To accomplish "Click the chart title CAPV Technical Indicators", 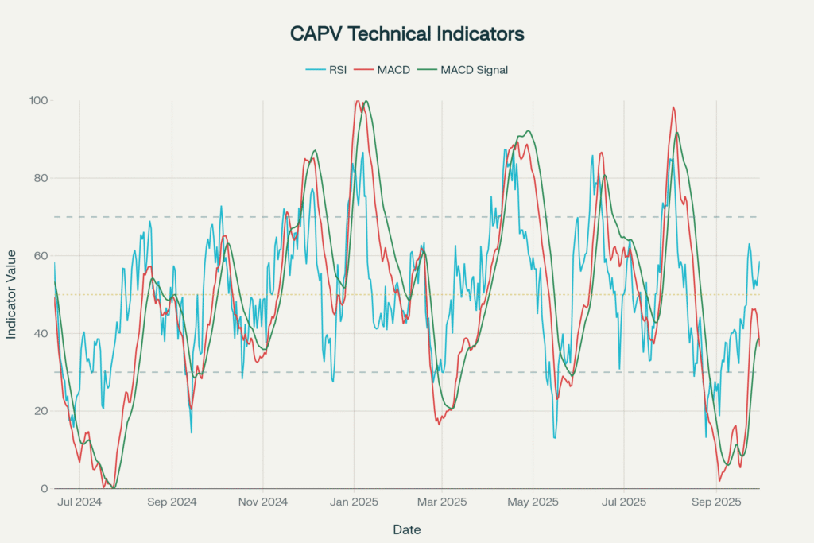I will click(406, 34).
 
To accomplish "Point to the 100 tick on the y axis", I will click(39, 101).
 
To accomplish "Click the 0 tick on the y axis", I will click(45, 488).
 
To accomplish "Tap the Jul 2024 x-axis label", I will click(79, 502).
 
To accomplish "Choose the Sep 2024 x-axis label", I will click(172, 502).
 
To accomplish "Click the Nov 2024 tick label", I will click(263, 502).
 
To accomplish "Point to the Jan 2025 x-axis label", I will click(355, 502).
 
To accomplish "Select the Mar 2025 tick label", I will click(443, 502).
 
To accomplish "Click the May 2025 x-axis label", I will click(533, 502).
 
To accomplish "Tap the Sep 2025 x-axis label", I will click(717, 502).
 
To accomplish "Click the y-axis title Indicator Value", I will click(12, 294).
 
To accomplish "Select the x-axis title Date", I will click(406, 529).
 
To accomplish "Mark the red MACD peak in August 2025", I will click(673, 107).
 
